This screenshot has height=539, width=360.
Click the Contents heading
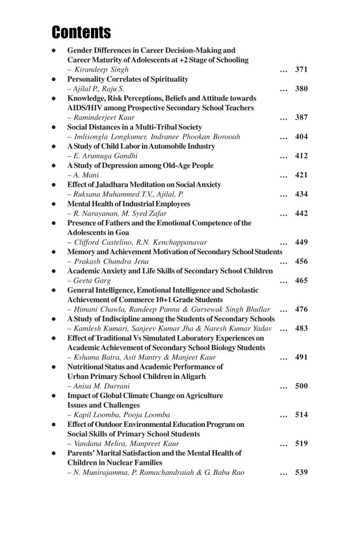click(x=82, y=33)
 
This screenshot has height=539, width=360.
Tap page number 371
click(x=301, y=69)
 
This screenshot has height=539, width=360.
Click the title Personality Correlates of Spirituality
click(x=128, y=79)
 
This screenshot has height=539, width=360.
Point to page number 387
click(x=301, y=117)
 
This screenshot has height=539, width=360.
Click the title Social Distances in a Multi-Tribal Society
click(x=135, y=127)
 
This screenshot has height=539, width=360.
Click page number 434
click(x=301, y=194)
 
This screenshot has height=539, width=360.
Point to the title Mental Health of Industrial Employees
click(x=129, y=204)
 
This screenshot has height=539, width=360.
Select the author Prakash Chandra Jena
click(x=111, y=262)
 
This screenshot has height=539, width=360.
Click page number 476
click(x=301, y=310)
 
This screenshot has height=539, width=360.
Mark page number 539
click(x=301, y=472)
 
